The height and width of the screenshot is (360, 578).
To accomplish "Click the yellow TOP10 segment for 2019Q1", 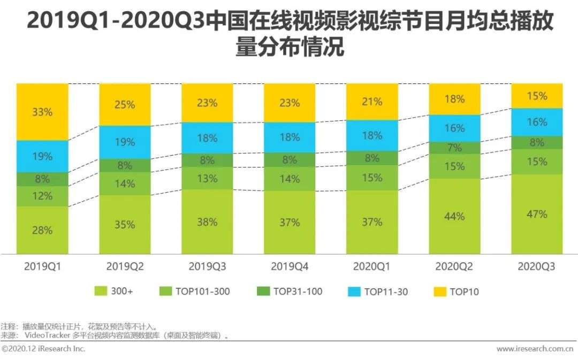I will point(42,112).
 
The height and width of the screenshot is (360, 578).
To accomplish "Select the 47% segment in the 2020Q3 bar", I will point(537,214).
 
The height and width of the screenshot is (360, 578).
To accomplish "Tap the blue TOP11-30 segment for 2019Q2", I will point(125,142).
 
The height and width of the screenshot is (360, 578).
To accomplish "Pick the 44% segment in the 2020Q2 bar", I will point(454,216).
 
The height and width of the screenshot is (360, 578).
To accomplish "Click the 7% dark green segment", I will point(454,148).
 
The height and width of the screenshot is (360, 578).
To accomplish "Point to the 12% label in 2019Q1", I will point(42,196).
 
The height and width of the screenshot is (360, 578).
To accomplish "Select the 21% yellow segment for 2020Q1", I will point(372,102).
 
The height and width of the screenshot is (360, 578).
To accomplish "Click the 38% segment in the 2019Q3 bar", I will point(207,221).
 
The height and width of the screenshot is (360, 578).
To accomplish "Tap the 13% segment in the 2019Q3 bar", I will point(207,178).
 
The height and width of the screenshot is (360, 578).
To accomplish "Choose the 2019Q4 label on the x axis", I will point(290,266).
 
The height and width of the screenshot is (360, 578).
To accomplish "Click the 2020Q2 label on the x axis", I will point(454,266).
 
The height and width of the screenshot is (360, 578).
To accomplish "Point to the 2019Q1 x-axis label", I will point(42,266).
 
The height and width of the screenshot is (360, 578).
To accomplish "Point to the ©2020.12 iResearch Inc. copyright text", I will point(43,349).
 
